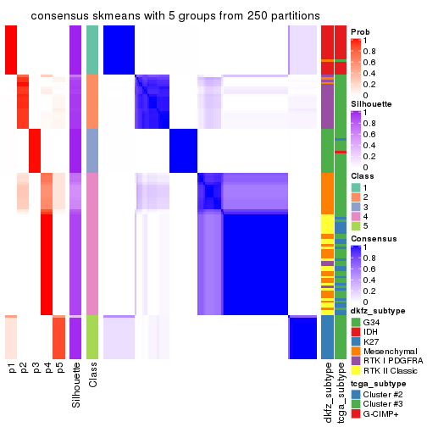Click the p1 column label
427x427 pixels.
click(x=12, y=374)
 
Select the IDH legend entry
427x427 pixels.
click(x=372, y=335)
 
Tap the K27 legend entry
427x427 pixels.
click(x=372, y=347)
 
